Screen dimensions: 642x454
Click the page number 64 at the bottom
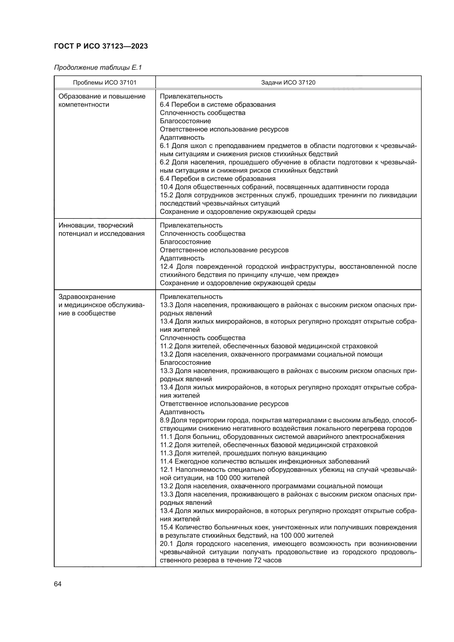tap(58, 584)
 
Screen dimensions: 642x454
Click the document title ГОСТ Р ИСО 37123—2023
tap(101, 46)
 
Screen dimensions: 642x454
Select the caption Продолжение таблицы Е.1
tap(98, 68)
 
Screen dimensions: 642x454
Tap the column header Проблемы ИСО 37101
tap(105, 83)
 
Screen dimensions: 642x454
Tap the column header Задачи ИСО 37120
tap(288, 83)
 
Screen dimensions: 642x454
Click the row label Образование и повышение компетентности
tap(102, 100)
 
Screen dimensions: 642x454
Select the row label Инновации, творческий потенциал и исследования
tap(101, 229)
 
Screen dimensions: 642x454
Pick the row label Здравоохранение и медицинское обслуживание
tap(101, 305)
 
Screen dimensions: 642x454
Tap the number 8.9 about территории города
tap(165, 420)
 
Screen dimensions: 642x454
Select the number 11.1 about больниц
tap(166, 437)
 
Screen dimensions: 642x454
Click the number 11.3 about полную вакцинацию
tap(166, 453)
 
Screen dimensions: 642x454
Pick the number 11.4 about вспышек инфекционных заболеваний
tap(166, 461)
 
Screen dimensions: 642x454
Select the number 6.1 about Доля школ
tap(165, 146)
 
